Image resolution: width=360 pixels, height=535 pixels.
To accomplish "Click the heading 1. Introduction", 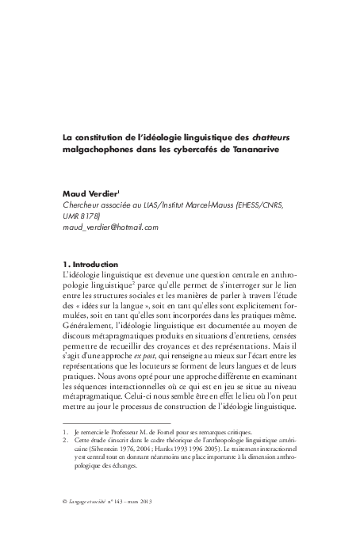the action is [90, 264].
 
